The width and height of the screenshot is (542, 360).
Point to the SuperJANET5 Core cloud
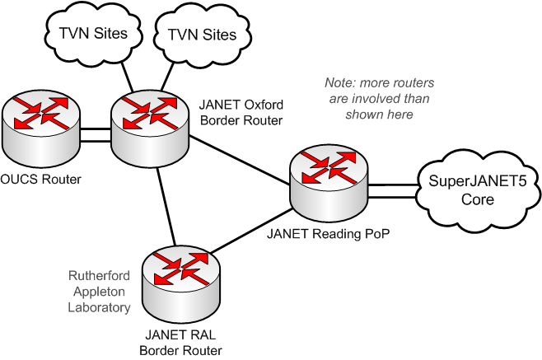(467, 189)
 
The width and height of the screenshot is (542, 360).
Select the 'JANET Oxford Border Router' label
(241, 113)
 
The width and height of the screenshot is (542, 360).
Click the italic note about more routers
(380, 99)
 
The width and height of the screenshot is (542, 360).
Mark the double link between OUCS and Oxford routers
(96, 134)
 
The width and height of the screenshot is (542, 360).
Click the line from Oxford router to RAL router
(164, 206)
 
